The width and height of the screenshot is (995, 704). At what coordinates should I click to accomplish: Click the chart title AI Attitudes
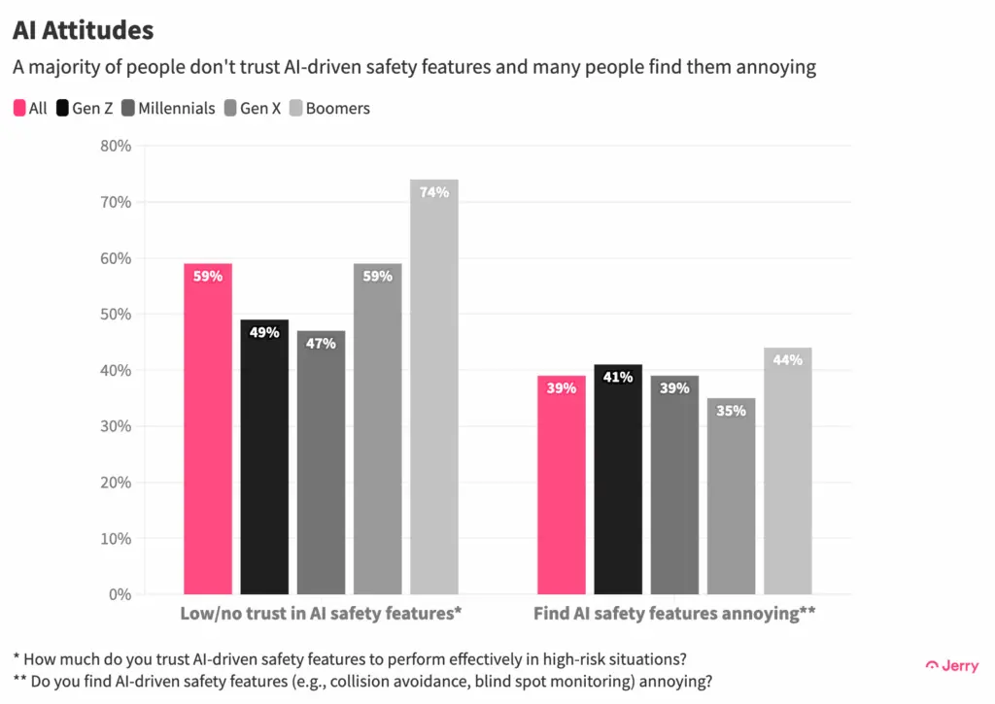tap(83, 30)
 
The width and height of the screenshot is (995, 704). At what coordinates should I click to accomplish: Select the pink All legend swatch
tap(19, 109)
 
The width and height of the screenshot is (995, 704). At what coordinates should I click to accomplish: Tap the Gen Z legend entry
tap(86, 109)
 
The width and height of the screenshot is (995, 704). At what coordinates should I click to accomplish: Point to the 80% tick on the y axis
tap(116, 147)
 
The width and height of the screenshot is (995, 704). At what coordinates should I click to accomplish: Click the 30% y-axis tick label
tap(116, 426)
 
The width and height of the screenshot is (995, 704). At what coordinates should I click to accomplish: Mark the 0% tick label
tap(120, 594)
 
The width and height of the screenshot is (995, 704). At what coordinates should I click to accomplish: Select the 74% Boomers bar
tap(433, 388)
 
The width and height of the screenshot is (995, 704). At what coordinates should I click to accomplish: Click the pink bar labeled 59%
tap(208, 432)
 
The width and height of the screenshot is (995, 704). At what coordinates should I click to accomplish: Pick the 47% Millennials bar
tap(321, 464)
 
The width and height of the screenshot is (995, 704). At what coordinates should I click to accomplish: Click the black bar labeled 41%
tap(618, 481)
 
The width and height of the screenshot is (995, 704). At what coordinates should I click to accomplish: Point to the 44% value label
tap(787, 360)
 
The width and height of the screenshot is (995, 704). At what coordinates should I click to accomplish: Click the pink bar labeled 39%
tap(562, 486)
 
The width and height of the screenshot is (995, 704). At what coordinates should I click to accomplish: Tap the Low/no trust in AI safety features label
tap(321, 614)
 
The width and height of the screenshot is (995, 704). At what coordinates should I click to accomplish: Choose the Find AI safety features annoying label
tap(674, 614)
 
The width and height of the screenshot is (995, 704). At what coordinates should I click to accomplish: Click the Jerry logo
tap(951, 665)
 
